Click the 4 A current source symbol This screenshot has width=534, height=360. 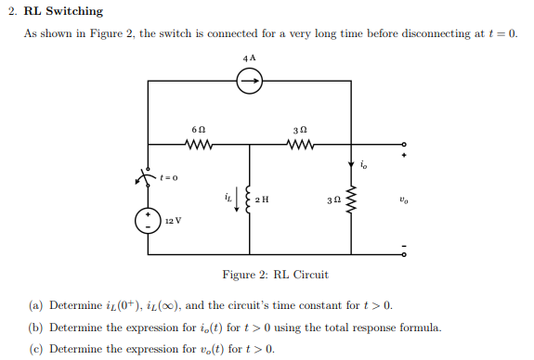(249, 82)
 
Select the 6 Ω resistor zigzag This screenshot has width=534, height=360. (198, 145)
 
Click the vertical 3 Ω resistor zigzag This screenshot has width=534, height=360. (351, 199)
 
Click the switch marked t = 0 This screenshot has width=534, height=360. (146, 176)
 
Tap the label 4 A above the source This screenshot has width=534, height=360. (249, 58)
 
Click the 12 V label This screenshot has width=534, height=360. (173, 222)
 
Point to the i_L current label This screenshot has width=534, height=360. (228, 196)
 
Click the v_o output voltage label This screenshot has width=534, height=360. (402, 198)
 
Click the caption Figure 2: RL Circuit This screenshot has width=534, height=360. (275, 275)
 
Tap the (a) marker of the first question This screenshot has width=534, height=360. (35, 305)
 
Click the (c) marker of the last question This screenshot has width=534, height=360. (35, 349)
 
